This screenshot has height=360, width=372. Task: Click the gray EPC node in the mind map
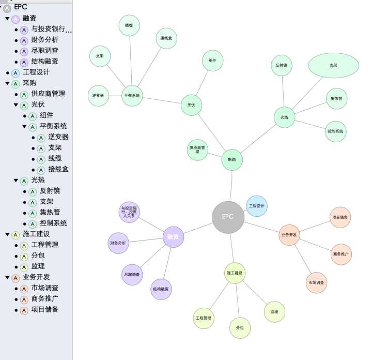[228, 217]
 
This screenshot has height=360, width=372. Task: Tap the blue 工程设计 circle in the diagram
[256, 206]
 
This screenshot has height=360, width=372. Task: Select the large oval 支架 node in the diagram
[333, 66]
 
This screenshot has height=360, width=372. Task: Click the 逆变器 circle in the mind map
[98, 96]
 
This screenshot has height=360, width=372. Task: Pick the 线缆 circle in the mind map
[129, 25]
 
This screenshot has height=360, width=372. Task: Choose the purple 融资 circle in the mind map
[174, 237]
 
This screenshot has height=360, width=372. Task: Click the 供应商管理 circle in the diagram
[197, 150]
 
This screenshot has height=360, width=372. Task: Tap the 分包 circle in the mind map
[240, 328]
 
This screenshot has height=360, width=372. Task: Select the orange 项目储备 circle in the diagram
[340, 217]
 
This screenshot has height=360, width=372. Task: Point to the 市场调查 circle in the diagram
[316, 283]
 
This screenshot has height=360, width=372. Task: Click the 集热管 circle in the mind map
[336, 98]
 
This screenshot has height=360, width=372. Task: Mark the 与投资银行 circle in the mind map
[129, 212]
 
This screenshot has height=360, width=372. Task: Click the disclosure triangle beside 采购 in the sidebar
[7, 83]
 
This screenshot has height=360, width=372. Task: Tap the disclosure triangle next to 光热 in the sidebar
[16, 180]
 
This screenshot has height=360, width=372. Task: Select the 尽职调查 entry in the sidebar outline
[44, 51]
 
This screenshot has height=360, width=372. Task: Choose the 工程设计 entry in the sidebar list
[36, 72]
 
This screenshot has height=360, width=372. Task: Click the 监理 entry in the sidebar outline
[38, 266]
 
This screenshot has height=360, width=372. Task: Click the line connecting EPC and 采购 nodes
[230, 186]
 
